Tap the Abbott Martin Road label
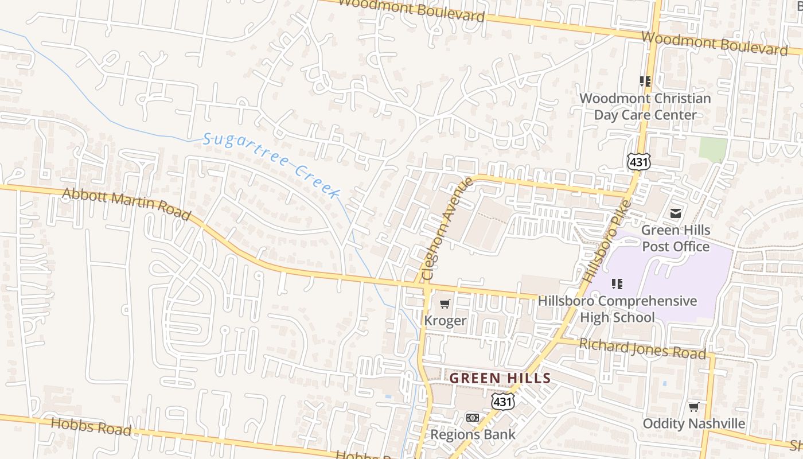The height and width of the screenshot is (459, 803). (126, 204)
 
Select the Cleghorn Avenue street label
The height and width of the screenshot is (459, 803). (448, 228)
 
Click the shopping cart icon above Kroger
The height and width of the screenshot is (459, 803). (445, 304)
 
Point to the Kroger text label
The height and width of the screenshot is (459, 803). (445, 321)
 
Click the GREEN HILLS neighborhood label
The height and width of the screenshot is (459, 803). (500, 379)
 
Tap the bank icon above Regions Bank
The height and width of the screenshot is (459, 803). (473, 418)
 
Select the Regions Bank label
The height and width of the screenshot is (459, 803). (473, 434)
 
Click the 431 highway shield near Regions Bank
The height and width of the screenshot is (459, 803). (502, 401)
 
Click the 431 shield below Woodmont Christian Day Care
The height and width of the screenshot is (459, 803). (638, 162)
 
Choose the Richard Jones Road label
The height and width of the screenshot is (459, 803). (642, 349)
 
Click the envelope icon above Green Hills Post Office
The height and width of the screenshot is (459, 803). (676, 213)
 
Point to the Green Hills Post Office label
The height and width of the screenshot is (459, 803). (675, 238)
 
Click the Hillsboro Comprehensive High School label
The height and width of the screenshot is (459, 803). (617, 309)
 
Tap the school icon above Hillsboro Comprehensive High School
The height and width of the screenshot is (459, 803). (617, 283)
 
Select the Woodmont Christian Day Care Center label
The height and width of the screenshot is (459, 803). (645, 106)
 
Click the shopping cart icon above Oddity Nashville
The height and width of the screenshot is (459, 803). (693, 407)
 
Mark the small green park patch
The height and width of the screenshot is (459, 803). (713, 149)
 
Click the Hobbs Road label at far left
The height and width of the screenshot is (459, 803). (91, 426)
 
